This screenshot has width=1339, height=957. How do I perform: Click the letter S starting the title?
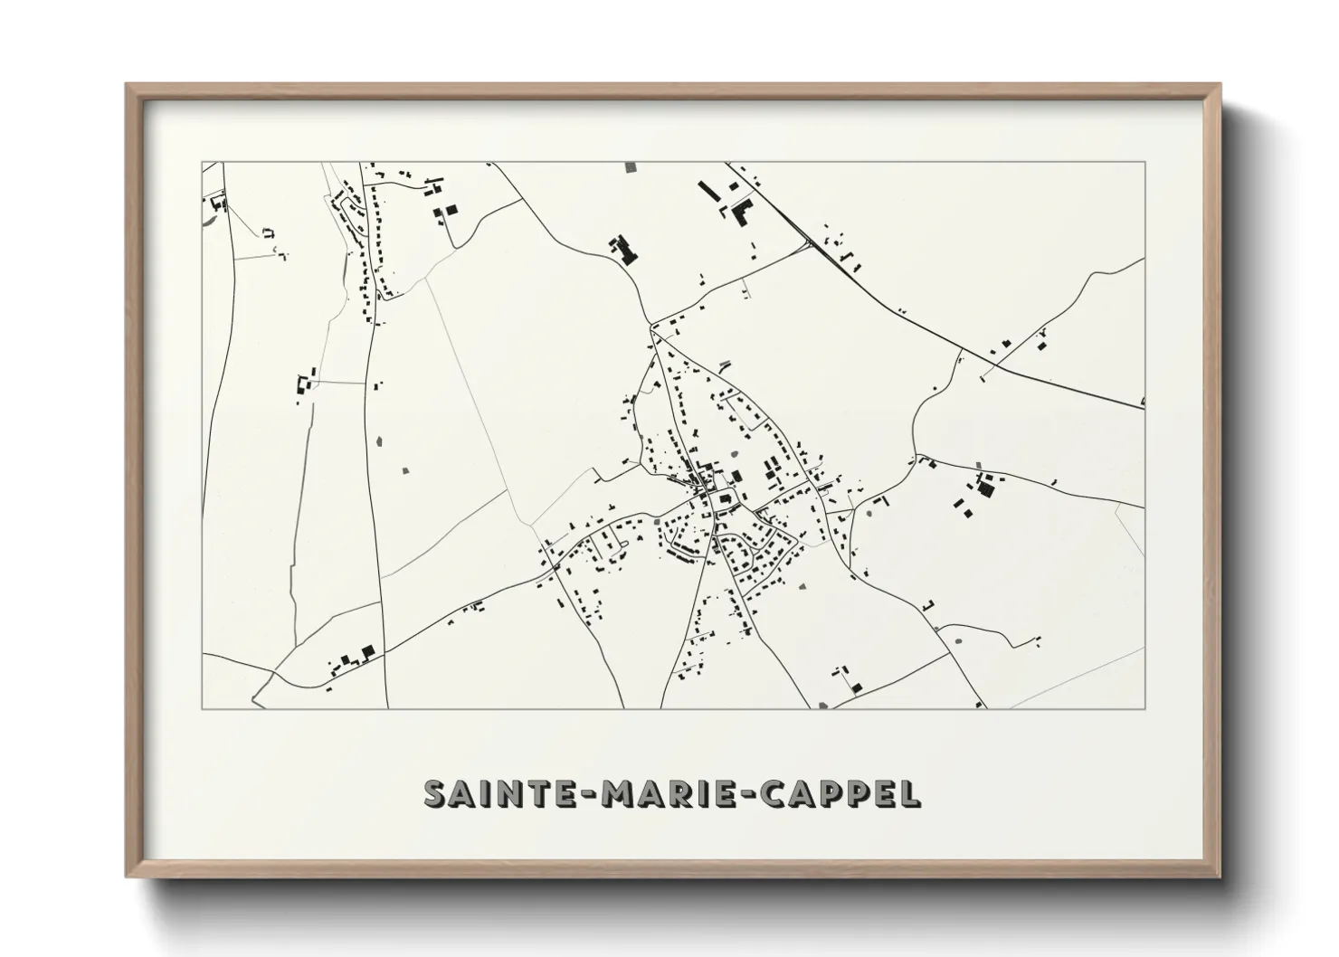click(435, 793)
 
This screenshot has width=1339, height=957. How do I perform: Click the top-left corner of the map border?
click(202, 163)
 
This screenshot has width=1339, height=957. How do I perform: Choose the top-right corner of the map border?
click(1144, 163)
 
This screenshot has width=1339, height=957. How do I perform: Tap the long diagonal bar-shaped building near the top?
click(707, 193)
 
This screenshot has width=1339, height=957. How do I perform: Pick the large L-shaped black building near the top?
click(744, 212)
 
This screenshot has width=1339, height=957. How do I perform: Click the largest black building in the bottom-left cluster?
click(366, 651)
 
